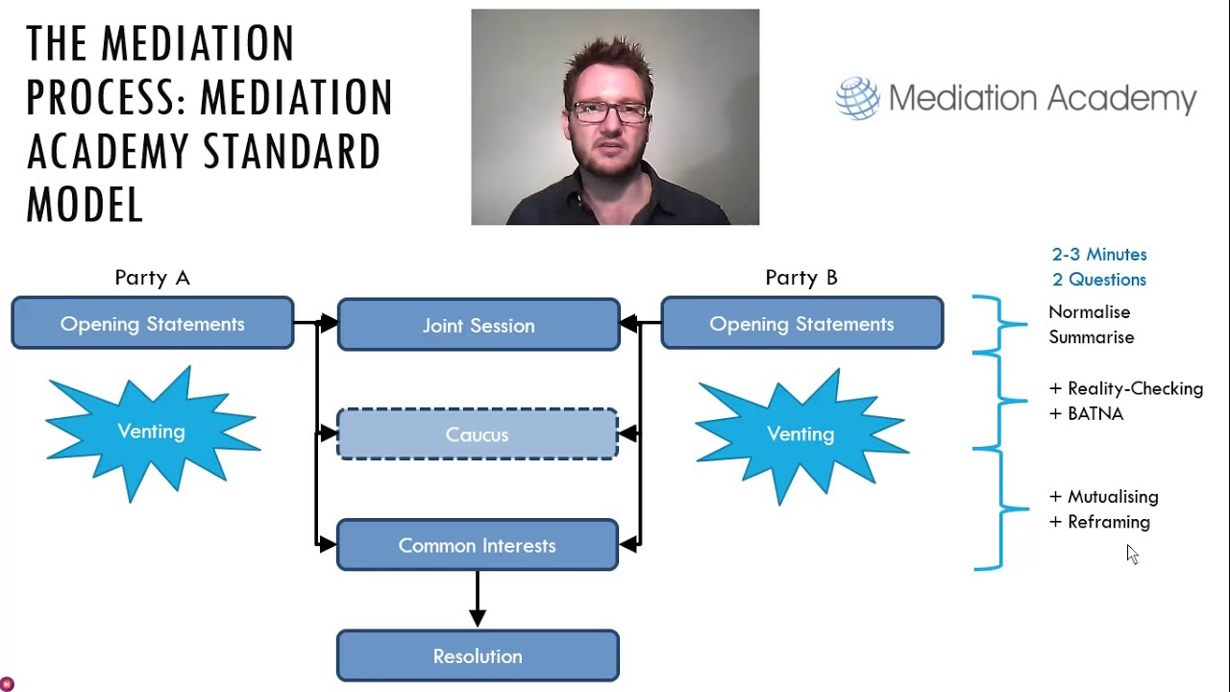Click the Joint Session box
(479, 325)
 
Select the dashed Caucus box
(477, 434)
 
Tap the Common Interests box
(477, 545)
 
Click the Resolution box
(477, 655)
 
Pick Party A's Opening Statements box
(152, 323)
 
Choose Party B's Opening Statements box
(801, 323)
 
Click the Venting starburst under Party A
(151, 432)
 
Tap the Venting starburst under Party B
(800, 434)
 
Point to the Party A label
(152, 278)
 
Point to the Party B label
(801, 278)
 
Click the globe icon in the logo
(857, 98)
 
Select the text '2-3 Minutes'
(1099, 255)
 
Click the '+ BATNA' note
(1086, 413)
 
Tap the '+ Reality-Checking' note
(1125, 388)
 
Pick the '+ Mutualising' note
(1103, 497)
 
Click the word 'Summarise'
(1091, 337)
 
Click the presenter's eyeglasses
(609, 111)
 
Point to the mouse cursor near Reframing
(1132, 554)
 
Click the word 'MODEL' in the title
(85, 204)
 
